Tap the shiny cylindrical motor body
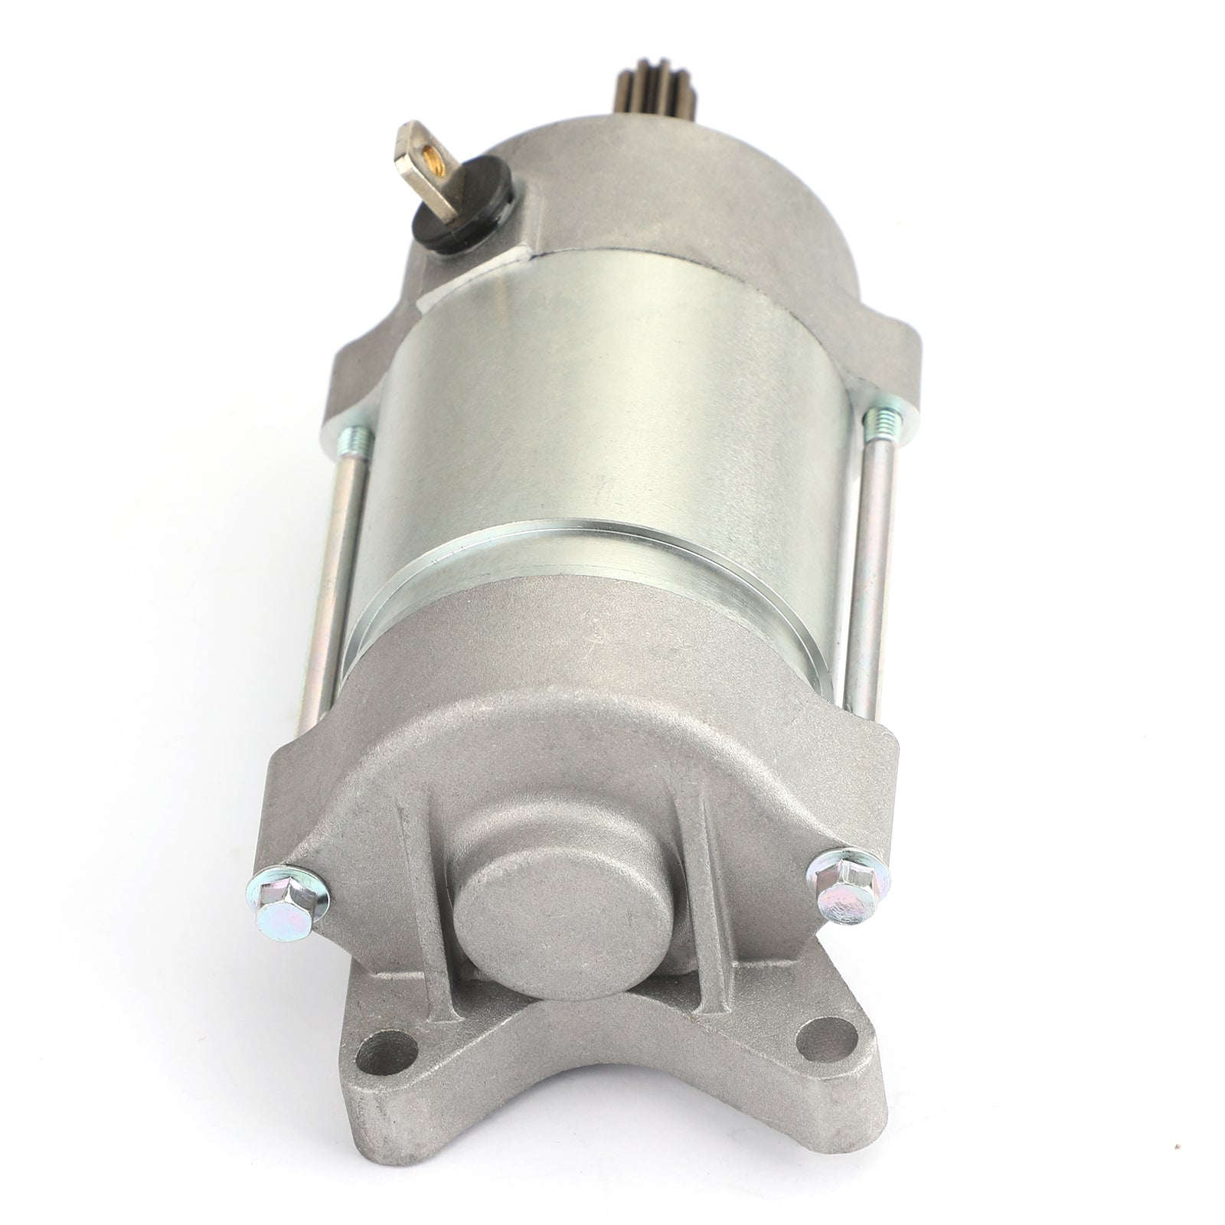point(597,383)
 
